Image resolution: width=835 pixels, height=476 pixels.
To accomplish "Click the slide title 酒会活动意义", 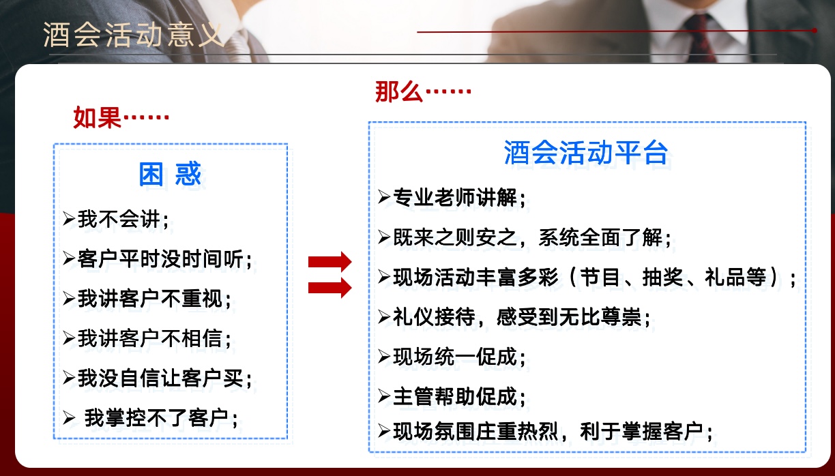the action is [x=134, y=35].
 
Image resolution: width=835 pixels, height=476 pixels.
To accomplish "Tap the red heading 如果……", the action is [x=121, y=117].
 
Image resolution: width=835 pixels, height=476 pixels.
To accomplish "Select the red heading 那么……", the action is [x=423, y=91].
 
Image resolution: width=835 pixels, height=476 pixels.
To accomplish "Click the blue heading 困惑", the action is [x=170, y=174].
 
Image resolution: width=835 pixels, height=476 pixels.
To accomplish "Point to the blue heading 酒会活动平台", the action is [x=585, y=153].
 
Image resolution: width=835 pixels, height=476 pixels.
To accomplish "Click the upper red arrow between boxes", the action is [x=330, y=262].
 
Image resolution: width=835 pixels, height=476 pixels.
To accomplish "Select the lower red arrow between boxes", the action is [x=330, y=288].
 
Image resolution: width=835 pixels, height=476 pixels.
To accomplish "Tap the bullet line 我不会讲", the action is [x=115, y=219].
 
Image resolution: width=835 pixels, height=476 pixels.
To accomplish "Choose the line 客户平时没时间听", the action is [x=158, y=258].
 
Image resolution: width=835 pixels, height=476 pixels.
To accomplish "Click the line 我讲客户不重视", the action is [x=147, y=299].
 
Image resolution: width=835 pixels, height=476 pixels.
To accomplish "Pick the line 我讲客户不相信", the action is [x=147, y=338].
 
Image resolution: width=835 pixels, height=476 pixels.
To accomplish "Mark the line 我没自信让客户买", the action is [x=158, y=378].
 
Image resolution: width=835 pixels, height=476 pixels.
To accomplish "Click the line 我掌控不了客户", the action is [x=150, y=418].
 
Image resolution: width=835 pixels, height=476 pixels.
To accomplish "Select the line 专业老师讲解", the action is [x=452, y=198].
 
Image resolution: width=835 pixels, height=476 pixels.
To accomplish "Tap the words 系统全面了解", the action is [x=600, y=237].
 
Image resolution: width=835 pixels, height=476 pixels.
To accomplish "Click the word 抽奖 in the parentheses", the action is [x=662, y=278].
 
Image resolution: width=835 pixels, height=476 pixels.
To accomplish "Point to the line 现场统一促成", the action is [x=452, y=357].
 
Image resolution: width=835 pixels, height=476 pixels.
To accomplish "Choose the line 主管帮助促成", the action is [x=452, y=396].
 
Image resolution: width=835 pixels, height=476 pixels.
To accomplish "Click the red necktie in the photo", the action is [x=700, y=38].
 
